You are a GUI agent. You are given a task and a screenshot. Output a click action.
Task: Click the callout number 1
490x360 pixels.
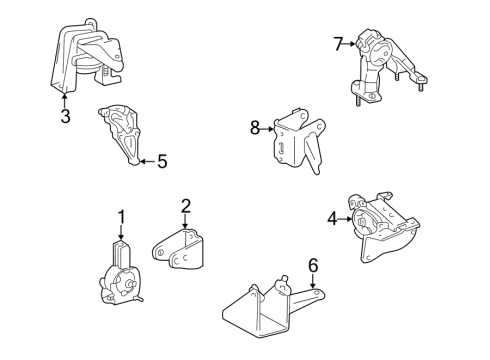[121, 216]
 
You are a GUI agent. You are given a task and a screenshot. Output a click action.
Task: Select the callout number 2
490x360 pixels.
[185, 207]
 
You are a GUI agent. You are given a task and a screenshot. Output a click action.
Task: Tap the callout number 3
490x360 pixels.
[65, 116]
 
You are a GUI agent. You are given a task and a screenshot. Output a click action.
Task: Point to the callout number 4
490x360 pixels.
[331, 217]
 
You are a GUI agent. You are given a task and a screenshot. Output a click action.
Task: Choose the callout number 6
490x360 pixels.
[312, 265]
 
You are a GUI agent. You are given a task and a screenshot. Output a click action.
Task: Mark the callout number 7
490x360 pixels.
[338, 43]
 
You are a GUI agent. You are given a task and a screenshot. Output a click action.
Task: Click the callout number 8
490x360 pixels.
[255, 127]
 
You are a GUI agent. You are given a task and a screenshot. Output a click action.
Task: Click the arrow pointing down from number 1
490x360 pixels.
[121, 232]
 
